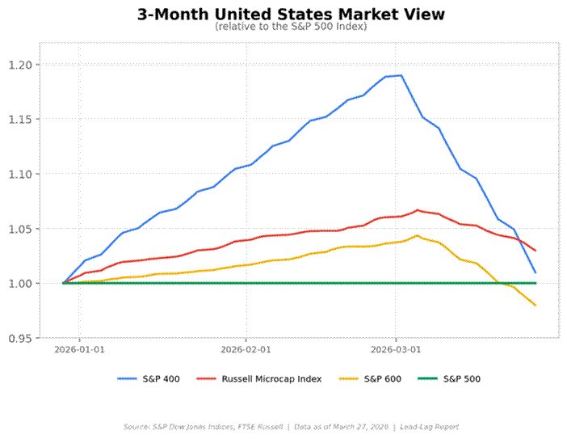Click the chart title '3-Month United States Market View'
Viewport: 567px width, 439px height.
click(291, 15)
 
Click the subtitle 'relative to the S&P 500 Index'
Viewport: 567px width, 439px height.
click(291, 27)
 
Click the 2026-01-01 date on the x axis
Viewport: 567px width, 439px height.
click(79, 350)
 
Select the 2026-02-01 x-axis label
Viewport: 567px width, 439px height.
click(246, 350)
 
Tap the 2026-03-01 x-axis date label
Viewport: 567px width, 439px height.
click(396, 350)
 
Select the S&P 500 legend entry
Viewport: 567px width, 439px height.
click(462, 378)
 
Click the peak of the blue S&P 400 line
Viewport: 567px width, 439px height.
click(401, 75)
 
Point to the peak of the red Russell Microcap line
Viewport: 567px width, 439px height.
click(418, 210)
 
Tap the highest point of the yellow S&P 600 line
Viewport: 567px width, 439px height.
click(417, 235)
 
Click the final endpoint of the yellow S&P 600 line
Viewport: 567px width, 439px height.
click(535, 305)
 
